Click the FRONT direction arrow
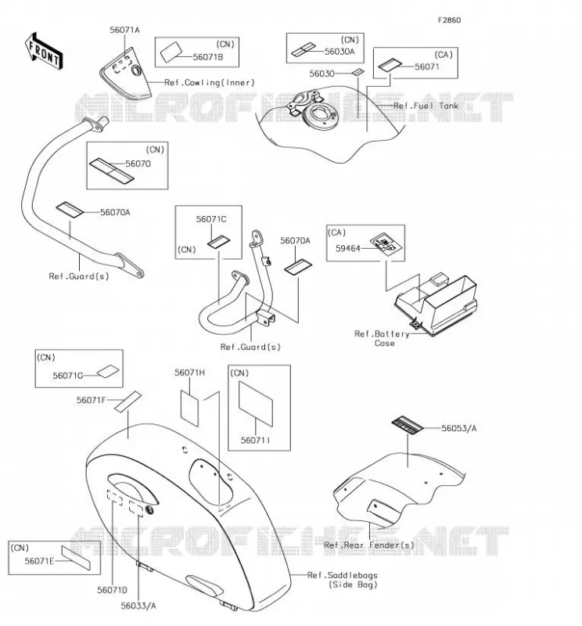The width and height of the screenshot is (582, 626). click(44, 52)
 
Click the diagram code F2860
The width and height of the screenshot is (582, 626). click(449, 20)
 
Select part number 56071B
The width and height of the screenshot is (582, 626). click(208, 57)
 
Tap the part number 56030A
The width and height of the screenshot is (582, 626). click(339, 51)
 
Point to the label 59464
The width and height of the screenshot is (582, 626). click(347, 248)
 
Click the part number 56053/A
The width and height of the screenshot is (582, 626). click(458, 428)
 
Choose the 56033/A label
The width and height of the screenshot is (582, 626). click(138, 606)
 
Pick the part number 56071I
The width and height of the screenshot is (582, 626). click(255, 440)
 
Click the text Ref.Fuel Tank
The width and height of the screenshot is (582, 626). click(426, 106)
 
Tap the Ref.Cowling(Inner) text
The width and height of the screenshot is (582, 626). click(210, 83)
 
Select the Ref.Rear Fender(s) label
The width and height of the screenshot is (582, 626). click(369, 545)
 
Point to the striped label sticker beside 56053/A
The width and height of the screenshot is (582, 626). click(407, 425)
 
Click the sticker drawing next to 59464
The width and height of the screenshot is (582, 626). click(386, 244)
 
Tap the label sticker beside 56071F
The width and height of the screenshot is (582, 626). click(128, 401)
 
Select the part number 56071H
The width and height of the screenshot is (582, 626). click(189, 372)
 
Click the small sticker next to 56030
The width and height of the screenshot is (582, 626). click(358, 72)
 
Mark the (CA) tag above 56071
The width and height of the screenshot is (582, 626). click(444, 55)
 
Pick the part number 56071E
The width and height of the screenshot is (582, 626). click(39, 561)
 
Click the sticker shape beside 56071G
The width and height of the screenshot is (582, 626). click(108, 371)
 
